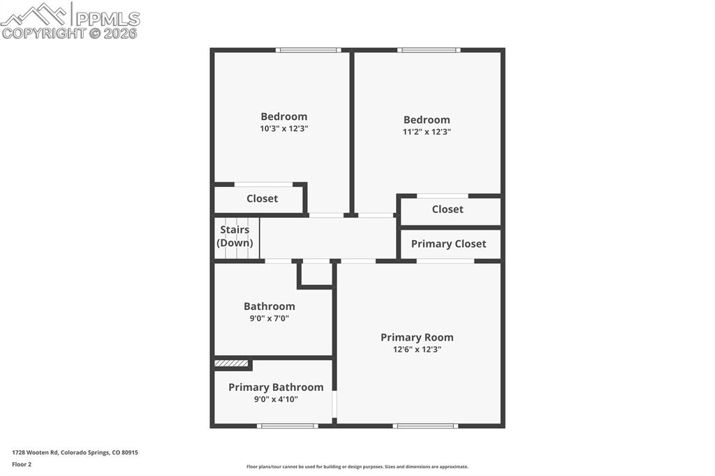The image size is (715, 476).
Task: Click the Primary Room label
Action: pos(417,337)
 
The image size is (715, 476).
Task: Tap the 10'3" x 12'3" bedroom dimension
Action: pos(284,128)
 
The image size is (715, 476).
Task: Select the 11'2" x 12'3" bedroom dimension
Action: pos(427,131)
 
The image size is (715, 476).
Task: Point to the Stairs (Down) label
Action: pos(235,237)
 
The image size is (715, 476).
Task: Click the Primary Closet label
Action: pos(448,244)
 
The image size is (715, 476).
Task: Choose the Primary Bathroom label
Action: pos(276,387)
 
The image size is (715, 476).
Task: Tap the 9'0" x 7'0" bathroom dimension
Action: pos(269,318)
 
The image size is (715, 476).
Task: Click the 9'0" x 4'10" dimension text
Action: pos(276,399)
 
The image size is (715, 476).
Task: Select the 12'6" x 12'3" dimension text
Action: pos(417,349)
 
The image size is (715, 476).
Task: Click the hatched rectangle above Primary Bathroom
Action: pos(231,364)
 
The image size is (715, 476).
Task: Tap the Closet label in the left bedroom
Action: pos(262,198)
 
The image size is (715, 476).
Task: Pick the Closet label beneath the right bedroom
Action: pos(448,209)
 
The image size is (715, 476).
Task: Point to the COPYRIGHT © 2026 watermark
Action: pos(70,33)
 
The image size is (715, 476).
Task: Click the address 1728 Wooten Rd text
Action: pos(75,452)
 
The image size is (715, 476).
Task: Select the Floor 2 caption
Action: pos(22,464)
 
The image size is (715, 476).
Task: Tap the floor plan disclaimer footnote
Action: pos(357,467)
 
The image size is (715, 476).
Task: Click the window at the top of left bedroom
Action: pos(308,50)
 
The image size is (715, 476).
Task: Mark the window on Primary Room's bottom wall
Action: pos(425,425)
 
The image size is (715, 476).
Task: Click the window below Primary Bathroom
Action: pos(288,425)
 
